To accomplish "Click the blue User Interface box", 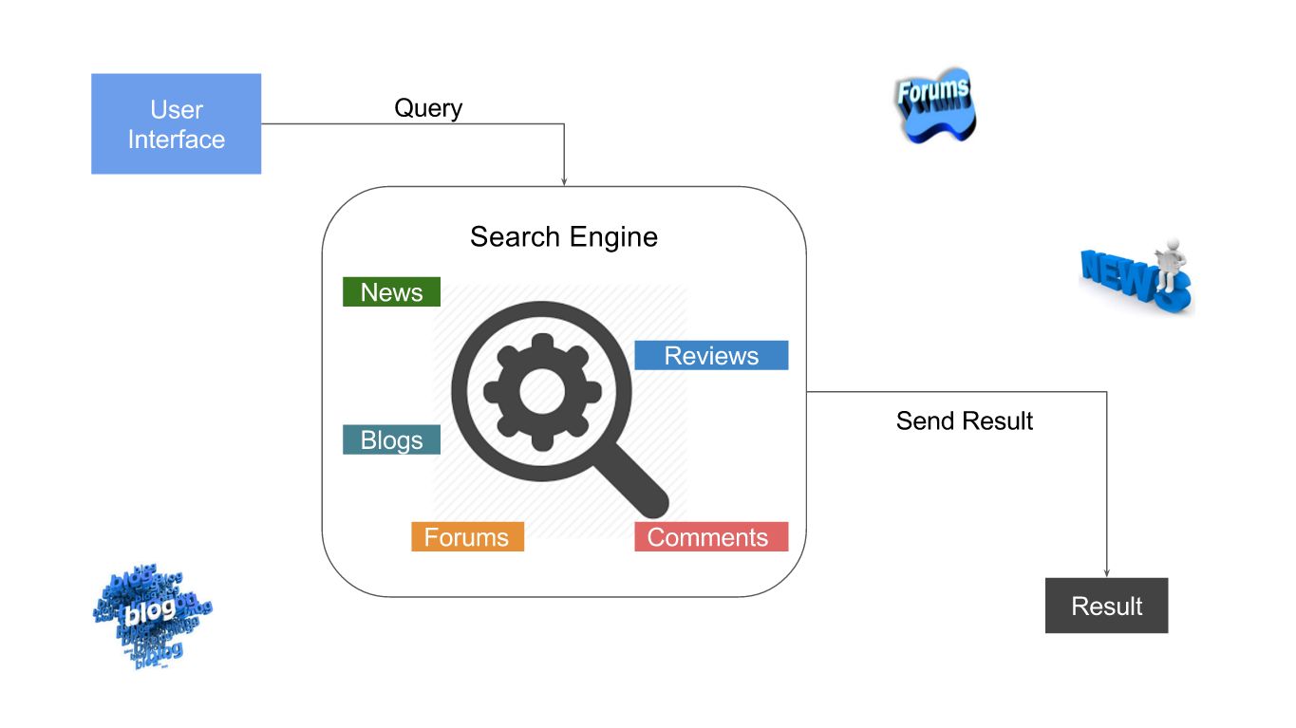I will click(x=176, y=123).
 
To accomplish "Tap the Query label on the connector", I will click(x=428, y=108).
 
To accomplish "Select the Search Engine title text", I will click(x=563, y=236).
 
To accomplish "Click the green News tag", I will click(x=391, y=292).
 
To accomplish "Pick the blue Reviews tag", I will click(x=711, y=356).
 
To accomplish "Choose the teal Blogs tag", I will click(x=391, y=440).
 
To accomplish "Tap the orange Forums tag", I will click(x=467, y=537).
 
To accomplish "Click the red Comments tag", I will click(x=710, y=537).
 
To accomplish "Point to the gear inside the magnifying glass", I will click(x=542, y=391).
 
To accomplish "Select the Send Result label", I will click(x=964, y=420).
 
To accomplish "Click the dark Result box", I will click(x=1106, y=606).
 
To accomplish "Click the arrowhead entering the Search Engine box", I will click(x=564, y=180).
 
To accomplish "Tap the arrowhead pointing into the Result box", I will click(x=1107, y=571).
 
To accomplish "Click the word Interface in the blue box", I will click(x=177, y=140).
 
